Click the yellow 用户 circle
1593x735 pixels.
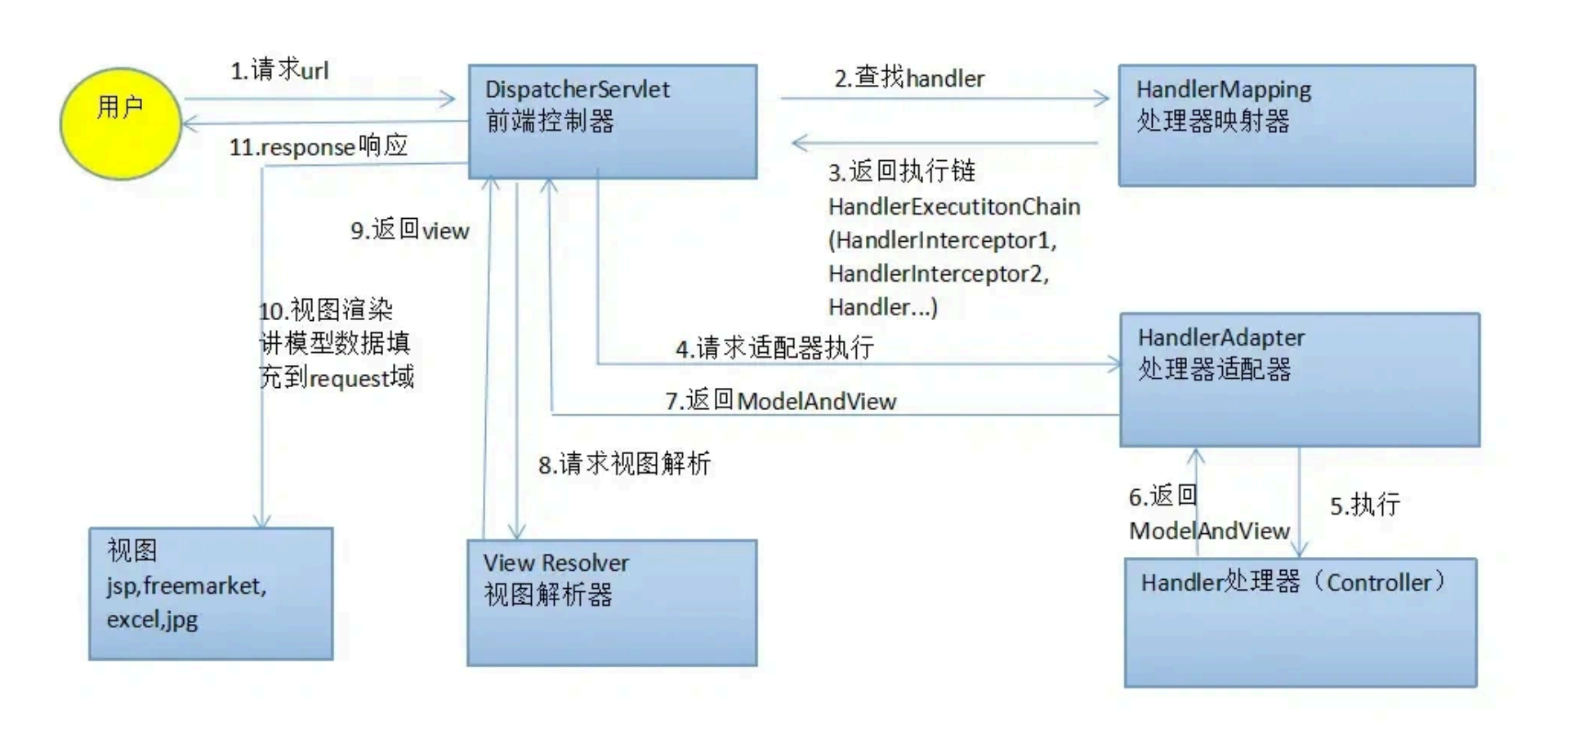[x=121, y=123]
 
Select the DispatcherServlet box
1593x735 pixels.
[x=612, y=122]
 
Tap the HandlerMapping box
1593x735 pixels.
[x=1296, y=126]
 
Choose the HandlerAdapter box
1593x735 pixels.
[x=1299, y=380]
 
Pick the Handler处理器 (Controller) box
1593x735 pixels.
[x=1300, y=622]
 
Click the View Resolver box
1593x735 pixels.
[x=612, y=603]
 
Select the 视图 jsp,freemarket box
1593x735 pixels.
[x=211, y=594]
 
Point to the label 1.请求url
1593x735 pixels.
[x=279, y=70]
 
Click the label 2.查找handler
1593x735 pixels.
[x=909, y=78]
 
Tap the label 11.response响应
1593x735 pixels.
[x=319, y=147]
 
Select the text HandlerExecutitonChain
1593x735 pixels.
[x=954, y=207]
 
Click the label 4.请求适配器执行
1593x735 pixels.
[x=774, y=348]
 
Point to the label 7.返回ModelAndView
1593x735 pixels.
[x=780, y=401]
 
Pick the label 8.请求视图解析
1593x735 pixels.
[x=624, y=465]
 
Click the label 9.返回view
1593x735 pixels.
[x=410, y=230]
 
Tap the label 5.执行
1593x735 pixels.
[x=1364, y=506]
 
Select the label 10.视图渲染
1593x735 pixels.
[x=326, y=310]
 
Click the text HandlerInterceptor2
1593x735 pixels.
[x=938, y=274]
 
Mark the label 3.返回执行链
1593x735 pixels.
[x=902, y=171]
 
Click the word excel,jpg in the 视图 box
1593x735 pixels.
[x=152, y=620]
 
